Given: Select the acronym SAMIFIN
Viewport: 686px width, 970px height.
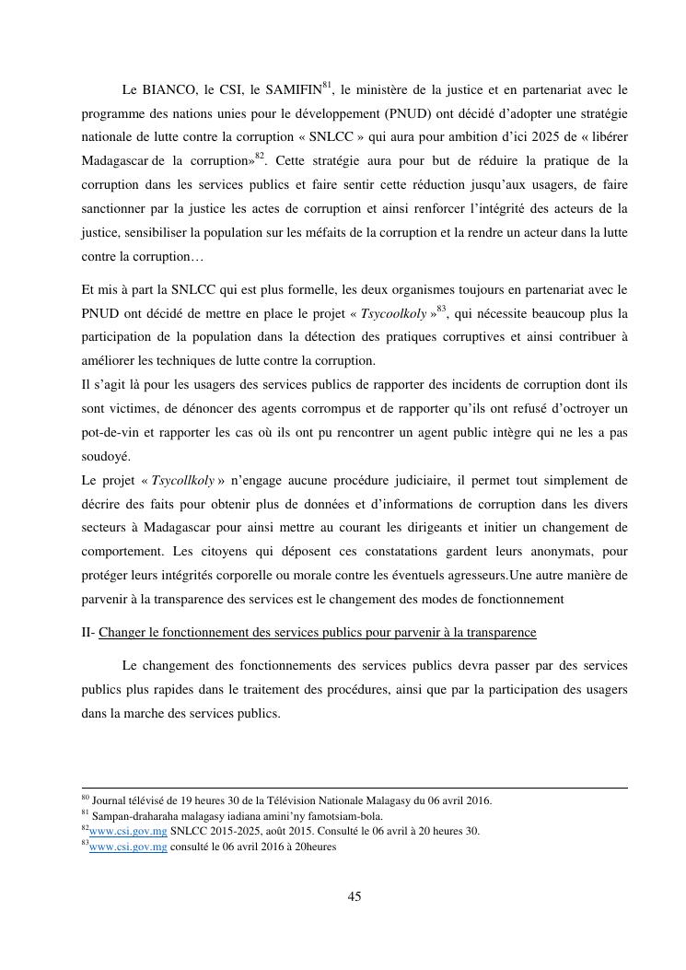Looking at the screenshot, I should pyautogui.click(x=292, y=90).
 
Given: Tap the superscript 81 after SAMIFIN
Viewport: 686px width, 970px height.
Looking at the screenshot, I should pyautogui.click(x=326, y=86).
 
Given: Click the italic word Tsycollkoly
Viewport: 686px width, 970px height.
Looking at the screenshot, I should pyautogui.click(x=182, y=480).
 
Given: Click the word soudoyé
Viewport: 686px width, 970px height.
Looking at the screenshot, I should pyautogui.click(x=106, y=456).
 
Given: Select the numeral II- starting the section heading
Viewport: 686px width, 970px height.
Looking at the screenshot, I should pyautogui.click(x=88, y=633).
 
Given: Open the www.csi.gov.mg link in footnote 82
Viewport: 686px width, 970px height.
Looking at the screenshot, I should pyautogui.click(x=128, y=831).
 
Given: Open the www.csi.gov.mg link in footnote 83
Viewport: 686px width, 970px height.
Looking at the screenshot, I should pyautogui.click(x=128, y=847).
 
